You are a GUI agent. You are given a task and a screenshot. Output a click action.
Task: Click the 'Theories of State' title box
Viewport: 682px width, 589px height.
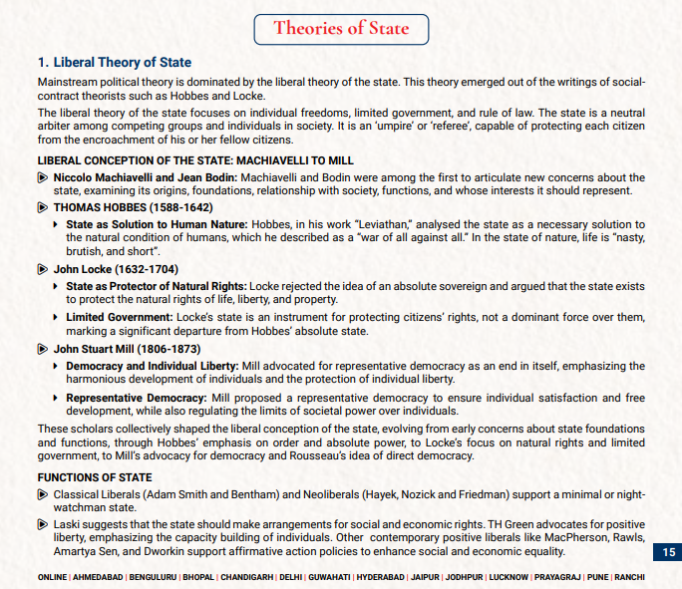(x=342, y=28)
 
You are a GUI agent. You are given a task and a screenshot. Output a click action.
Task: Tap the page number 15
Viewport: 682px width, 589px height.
(x=668, y=552)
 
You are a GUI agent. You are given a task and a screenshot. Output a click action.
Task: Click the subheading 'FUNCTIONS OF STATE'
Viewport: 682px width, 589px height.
(x=95, y=477)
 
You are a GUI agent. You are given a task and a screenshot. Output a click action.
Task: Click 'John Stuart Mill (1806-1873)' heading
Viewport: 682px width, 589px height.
(x=127, y=349)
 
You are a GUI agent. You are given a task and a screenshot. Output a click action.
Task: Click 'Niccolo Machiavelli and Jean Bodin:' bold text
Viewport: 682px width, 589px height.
(x=146, y=176)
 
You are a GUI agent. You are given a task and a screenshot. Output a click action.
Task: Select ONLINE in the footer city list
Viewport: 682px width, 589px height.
(x=53, y=578)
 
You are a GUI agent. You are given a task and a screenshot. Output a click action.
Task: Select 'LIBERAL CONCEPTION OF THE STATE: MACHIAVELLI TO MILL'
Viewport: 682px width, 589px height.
(x=195, y=159)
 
